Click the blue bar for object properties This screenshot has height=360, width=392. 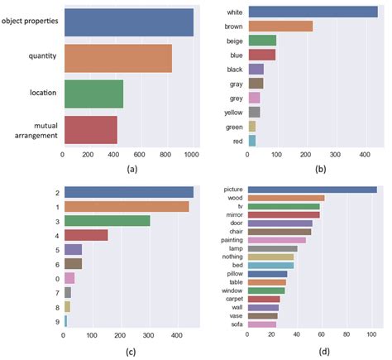point(128,21)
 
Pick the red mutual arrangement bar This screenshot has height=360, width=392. point(90,130)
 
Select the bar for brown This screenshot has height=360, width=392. point(280,26)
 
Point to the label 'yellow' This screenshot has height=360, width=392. point(234,112)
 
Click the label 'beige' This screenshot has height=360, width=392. point(236,41)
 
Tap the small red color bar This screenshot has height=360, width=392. point(251,141)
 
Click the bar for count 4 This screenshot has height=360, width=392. point(86,235)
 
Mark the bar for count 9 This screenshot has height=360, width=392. point(65,319)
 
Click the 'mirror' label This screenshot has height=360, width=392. point(234,215)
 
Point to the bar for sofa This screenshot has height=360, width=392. point(261,324)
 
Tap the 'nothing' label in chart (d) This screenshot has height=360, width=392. point(232,257)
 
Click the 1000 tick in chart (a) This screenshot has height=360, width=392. point(192,154)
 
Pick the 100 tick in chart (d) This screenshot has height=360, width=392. point(371,337)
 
